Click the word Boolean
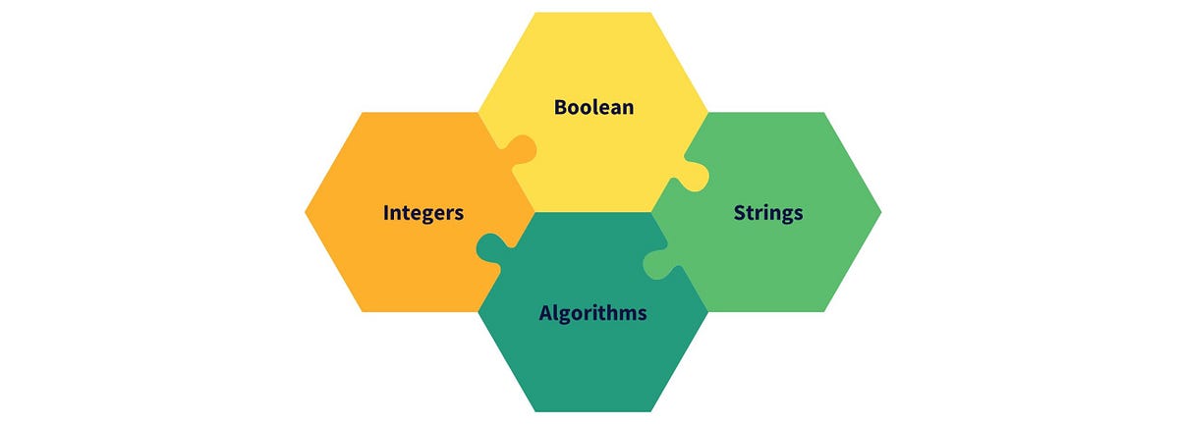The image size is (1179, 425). click(x=593, y=107)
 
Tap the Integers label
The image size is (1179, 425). click(x=422, y=212)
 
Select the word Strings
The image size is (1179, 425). click(x=768, y=212)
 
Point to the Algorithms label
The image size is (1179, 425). click(x=592, y=313)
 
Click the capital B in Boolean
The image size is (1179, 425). click(x=561, y=107)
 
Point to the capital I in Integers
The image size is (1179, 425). click(x=386, y=212)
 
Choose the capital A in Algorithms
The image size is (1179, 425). click(x=546, y=313)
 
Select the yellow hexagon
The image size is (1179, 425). click(x=592, y=59)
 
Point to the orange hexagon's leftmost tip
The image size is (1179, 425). click(x=307, y=211)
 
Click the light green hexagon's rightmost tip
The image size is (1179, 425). click(x=879, y=211)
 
